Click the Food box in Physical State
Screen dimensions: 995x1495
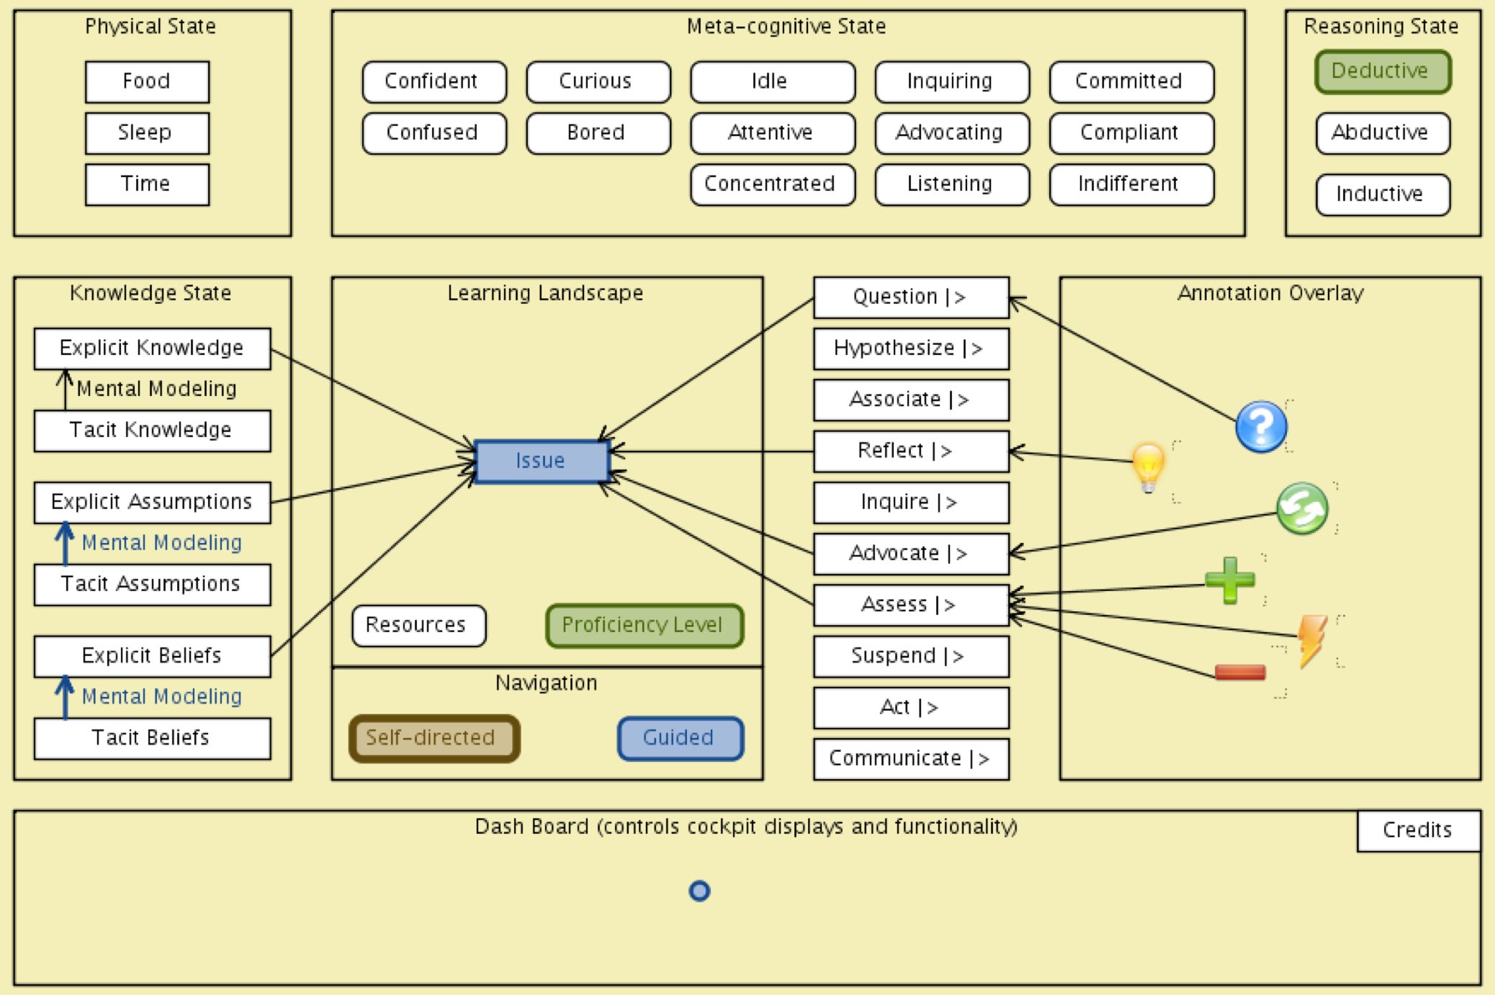tap(147, 81)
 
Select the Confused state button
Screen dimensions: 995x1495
tap(434, 132)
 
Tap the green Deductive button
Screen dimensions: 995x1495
tap(1382, 71)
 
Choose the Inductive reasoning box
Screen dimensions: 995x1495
tap(1382, 194)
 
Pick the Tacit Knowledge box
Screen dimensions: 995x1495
tap(152, 431)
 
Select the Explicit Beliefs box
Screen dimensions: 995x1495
tap(152, 656)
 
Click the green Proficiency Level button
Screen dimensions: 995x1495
tap(644, 625)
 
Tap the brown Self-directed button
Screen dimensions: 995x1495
tap(434, 738)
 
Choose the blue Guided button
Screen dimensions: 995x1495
tap(680, 738)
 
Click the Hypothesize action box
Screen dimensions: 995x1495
tap(910, 348)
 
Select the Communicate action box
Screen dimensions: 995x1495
tap(910, 759)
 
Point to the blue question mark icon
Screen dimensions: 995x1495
tap(1260, 426)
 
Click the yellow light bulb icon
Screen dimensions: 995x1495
tap(1148, 466)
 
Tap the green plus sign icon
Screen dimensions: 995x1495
tap(1230, 579)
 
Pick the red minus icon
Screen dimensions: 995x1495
tap(1239, 672)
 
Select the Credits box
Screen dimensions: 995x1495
tap(1417, 831)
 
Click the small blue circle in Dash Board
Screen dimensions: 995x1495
tap(699, 891)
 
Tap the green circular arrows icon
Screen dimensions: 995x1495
tap(1302, 508)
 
